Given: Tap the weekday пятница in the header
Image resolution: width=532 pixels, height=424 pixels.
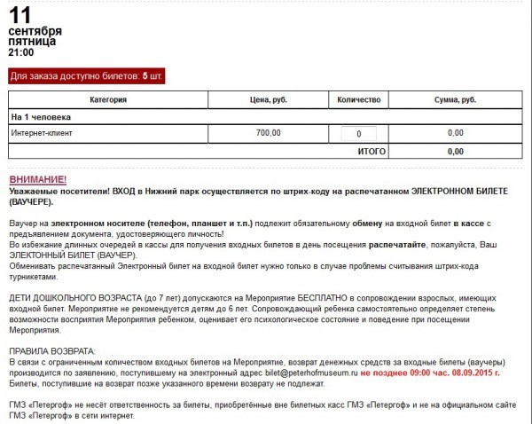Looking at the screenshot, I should (32, 41).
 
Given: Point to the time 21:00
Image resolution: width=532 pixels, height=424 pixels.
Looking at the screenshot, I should (21, 52).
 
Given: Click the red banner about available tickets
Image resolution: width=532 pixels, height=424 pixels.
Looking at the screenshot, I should (87, 75).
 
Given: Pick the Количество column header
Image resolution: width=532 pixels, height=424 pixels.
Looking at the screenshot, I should (358, 99).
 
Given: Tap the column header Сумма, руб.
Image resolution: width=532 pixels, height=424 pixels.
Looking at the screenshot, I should (456, 99).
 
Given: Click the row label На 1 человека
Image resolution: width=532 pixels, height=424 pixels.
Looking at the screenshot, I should (41, 116).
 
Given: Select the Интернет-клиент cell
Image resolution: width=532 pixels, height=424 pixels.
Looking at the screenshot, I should (42, 133).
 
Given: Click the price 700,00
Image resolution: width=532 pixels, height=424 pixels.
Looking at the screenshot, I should (268, 133).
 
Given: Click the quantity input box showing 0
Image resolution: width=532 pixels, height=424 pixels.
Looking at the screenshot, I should (358, 134).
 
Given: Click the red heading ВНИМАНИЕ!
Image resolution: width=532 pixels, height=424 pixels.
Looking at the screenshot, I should (38, 179).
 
